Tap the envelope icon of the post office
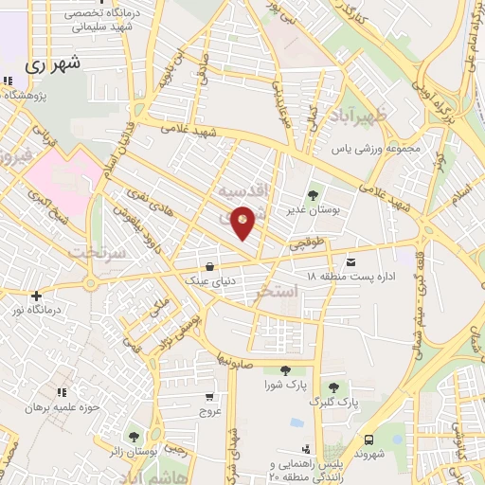[x=352, y=261]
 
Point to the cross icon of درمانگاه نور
[x=36, y=296]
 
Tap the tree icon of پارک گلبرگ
[x=332, y=387]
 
